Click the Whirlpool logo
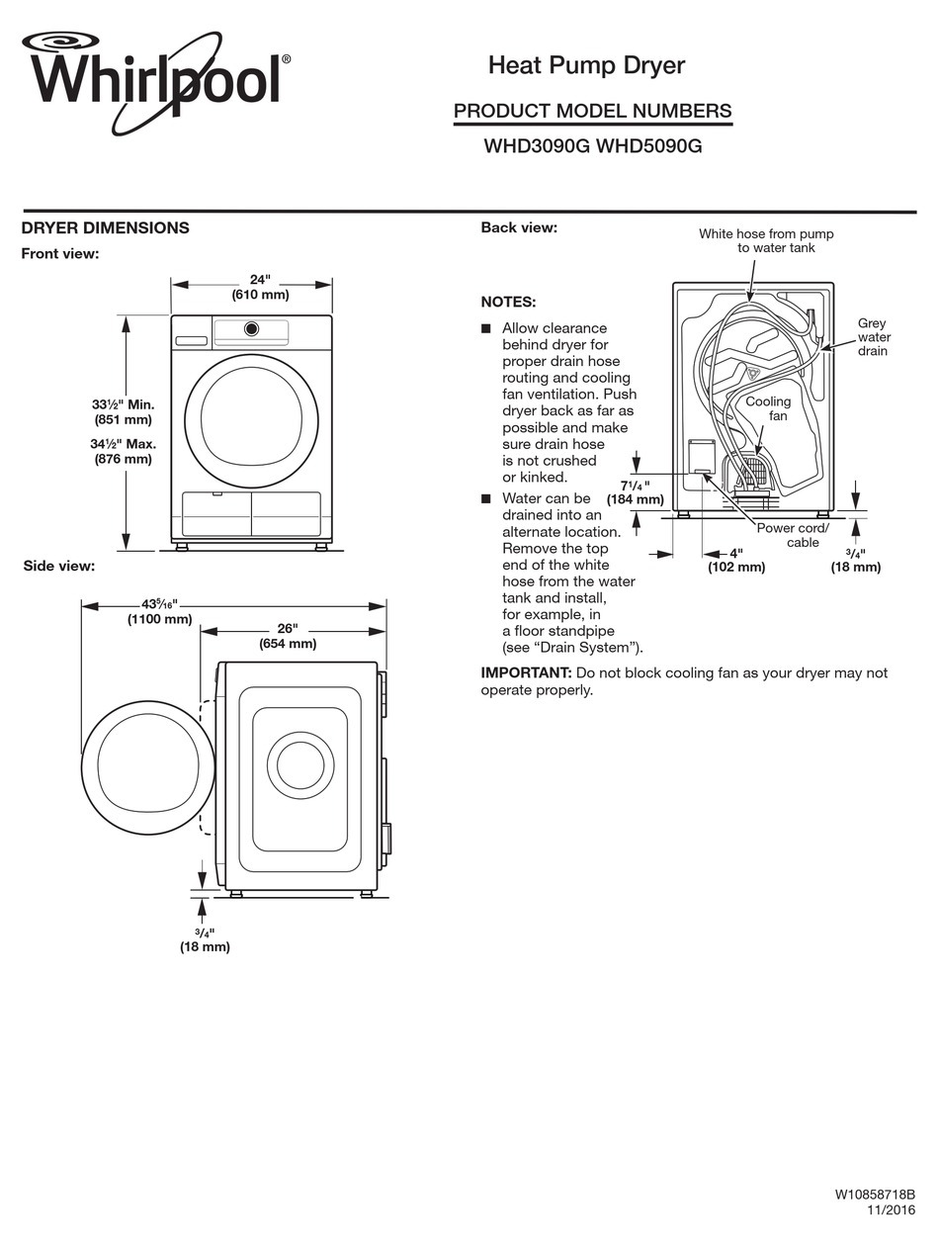tap(155, 79)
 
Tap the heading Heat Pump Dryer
tap(586, 65)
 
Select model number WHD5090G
tap(649, 145)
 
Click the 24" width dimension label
tap(260, 279)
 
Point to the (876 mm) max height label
tap(123, 459)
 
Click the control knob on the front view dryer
tap(251, 328)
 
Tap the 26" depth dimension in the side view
tap(287, 629)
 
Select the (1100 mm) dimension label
tap(159, 619)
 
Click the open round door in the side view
tap(148, 767)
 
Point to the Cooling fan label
tap(768, 408)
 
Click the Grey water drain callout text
tap(872, 337)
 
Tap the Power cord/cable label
tap(793, 535)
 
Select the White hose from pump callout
tap(766, 240)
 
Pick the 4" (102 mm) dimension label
tap(736, 560)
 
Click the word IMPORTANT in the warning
tap(526, 672)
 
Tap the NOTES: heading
tap(508, 302)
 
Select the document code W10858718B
tap(875, 1195)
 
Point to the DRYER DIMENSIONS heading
tap(105, 227)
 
